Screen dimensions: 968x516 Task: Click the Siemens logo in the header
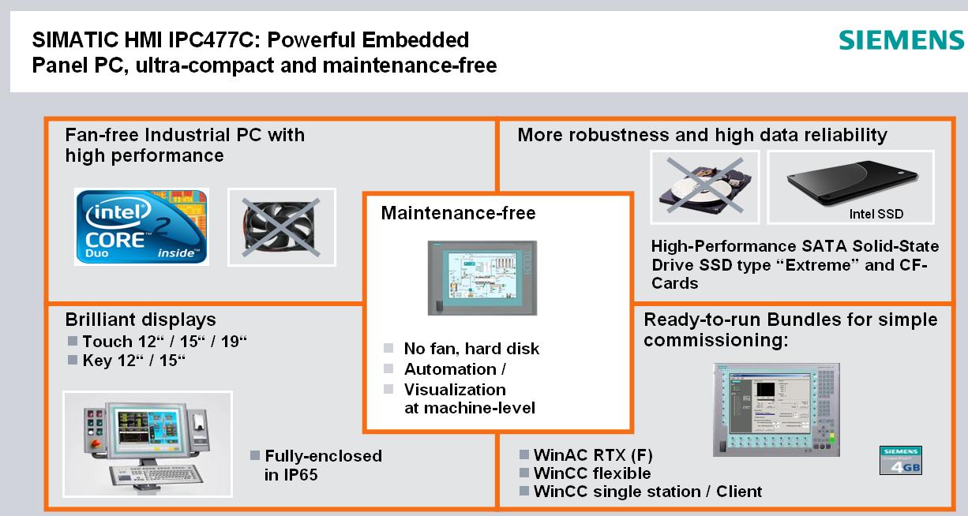click(901, 40)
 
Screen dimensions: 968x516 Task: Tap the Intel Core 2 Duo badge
click(142, 226)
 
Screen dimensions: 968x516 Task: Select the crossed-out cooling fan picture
click(281, 227)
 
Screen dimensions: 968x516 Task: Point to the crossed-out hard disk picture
click(705, 187)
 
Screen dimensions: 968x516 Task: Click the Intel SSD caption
click(876, 214)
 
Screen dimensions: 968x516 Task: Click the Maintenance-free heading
click(458, 213)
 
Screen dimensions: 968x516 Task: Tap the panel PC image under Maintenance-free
click(482, 278)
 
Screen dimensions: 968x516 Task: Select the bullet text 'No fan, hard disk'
click(471, 349)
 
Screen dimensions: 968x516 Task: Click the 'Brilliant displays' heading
click(141, 320)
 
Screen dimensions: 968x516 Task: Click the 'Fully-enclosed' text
click(323, 456)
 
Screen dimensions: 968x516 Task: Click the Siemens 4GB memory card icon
click(901, 460)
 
